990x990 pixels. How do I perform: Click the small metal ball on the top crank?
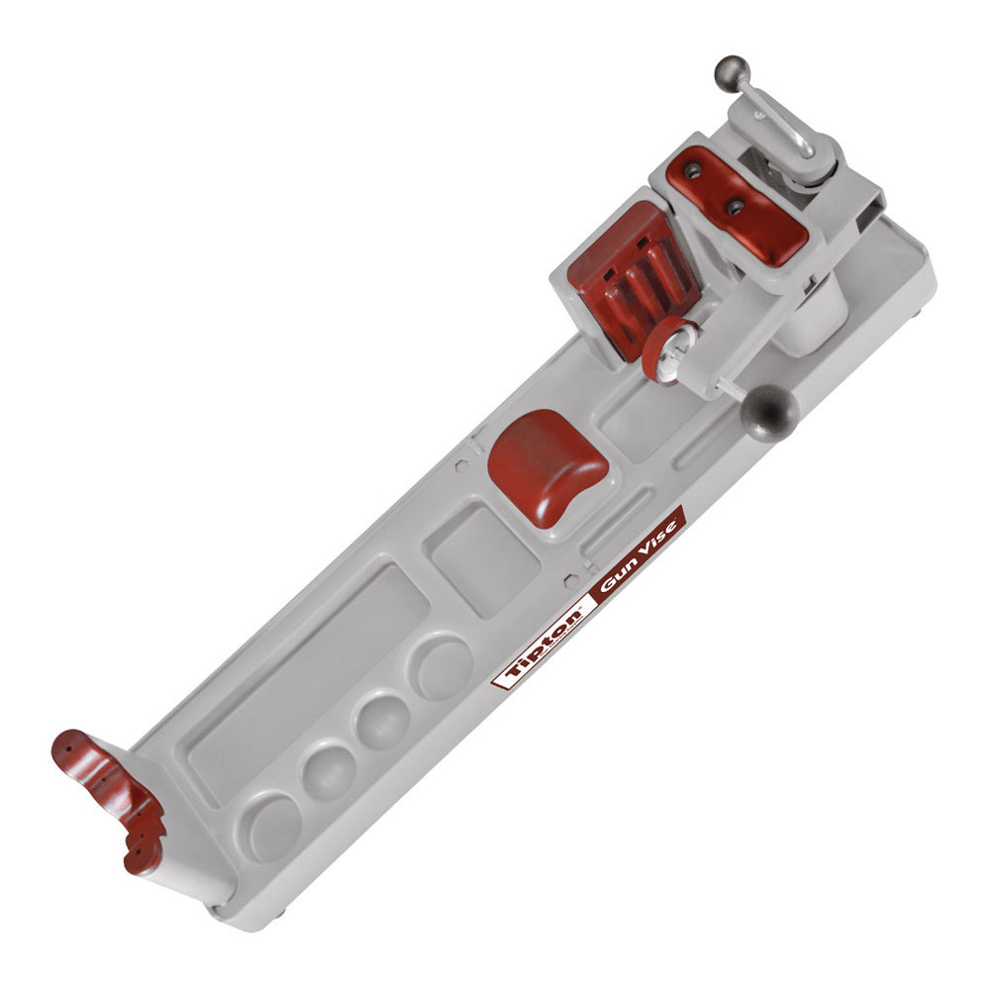[732, 74]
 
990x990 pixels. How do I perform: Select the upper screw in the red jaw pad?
[693, 170]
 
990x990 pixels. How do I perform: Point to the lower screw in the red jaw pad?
[735, 207]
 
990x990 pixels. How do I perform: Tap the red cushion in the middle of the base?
[546, 466]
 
